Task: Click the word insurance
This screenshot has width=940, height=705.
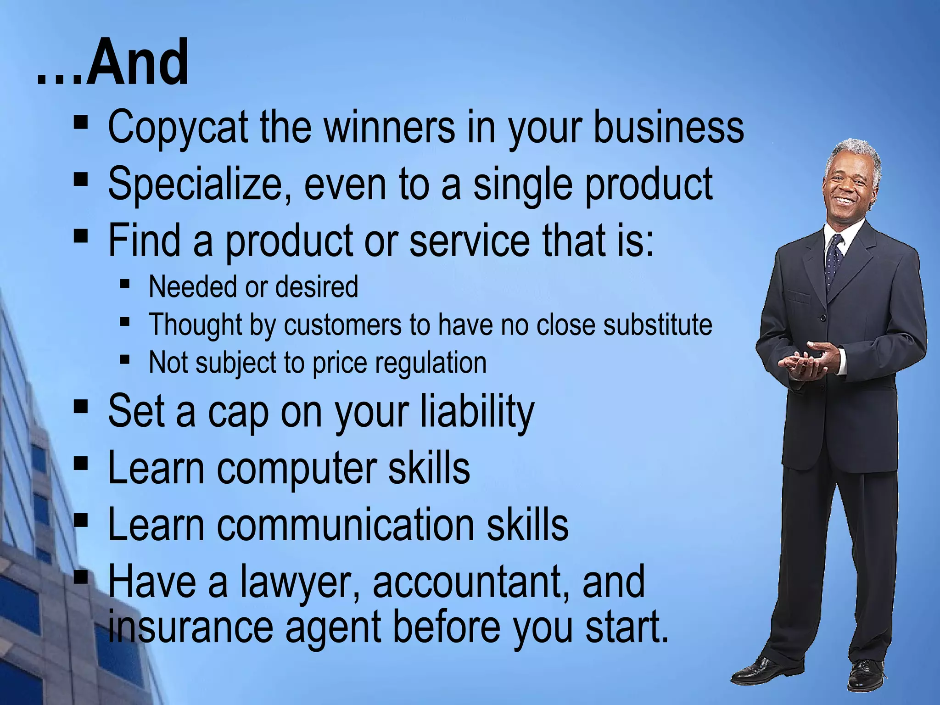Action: click(x=190, y=627)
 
